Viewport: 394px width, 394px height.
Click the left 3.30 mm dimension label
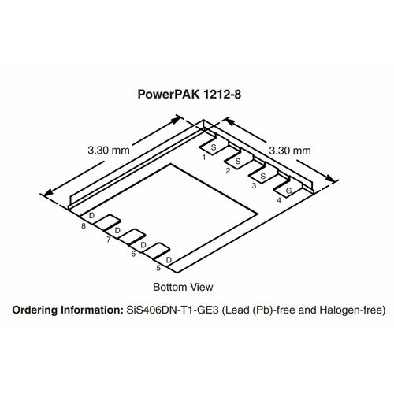tap(109, 147)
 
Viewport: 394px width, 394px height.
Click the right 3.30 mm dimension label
tap(290, 148)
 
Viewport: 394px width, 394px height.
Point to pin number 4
tap(279, 199)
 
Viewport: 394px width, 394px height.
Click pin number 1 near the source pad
tap(203, 157)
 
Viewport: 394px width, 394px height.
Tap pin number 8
tap(84, 226)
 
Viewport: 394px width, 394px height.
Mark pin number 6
tap(132, 253)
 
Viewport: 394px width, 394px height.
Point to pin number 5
tap(158, 268)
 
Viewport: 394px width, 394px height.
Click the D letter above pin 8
tap(91, 215)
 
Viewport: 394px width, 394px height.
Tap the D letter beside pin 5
tap(169, 260)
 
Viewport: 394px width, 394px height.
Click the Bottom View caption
tap(182, 286)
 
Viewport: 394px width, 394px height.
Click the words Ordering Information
tap(67, 311)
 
